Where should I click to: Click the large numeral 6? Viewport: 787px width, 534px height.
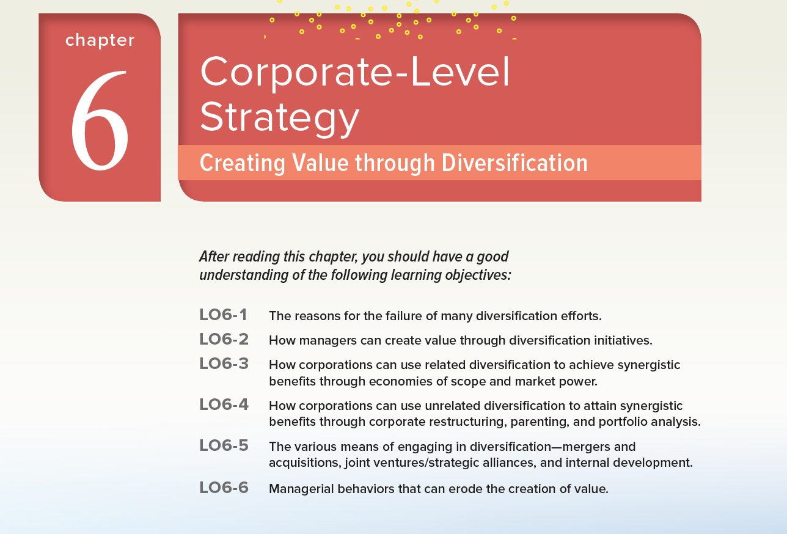(100, 121)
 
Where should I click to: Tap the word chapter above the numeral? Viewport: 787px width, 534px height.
(100, 40)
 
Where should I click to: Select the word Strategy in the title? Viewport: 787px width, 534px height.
(280, 118)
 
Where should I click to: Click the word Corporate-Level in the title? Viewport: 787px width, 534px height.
(355, 72)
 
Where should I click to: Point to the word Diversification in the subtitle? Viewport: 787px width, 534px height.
(514, 163)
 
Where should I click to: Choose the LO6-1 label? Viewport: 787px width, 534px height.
(223, 315)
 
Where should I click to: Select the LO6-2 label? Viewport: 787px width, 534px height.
(224, 339)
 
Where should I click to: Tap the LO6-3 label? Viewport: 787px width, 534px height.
(224, 364)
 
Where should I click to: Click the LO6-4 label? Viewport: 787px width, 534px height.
(224, 404)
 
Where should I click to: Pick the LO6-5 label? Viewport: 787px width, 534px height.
(224, 445)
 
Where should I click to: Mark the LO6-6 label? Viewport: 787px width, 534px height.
(224, 488)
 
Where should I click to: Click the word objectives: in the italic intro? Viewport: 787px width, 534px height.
(478, 275)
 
